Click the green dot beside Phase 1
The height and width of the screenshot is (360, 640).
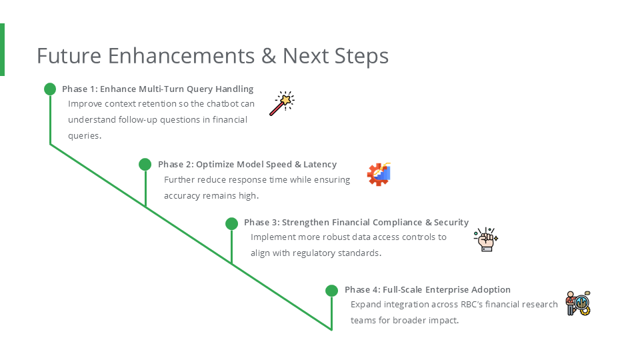pyautogui.click(x=50, y=89)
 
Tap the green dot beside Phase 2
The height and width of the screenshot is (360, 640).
pyautogui.click(x=145, y=164)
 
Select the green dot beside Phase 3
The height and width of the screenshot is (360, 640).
pyautogui.click(x=231, y=223)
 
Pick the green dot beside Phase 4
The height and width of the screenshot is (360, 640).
pyautogui.click(x=331, y=291)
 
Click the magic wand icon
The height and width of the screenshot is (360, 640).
pyautogui.click(x=281, y=103)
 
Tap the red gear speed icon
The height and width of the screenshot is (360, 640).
pyautogui.click(x=379, y=174)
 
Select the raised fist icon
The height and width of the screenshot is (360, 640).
pyautogui.click(x=485, y=239)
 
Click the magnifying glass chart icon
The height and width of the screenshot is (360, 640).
pyautogui.click(x=578, y=303)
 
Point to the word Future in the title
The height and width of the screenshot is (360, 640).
pyautogui.click(x=69, y=55)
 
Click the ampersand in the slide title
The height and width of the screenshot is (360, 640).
pyautogui.click(x=269, y=55)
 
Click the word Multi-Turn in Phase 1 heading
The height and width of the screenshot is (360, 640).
pyautogui.click(x=161, y=89)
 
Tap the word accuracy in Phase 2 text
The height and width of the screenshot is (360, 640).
pyautogui.click(x=182, y=195)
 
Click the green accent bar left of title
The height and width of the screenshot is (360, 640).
pyautogui.click(x=2, y=49)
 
